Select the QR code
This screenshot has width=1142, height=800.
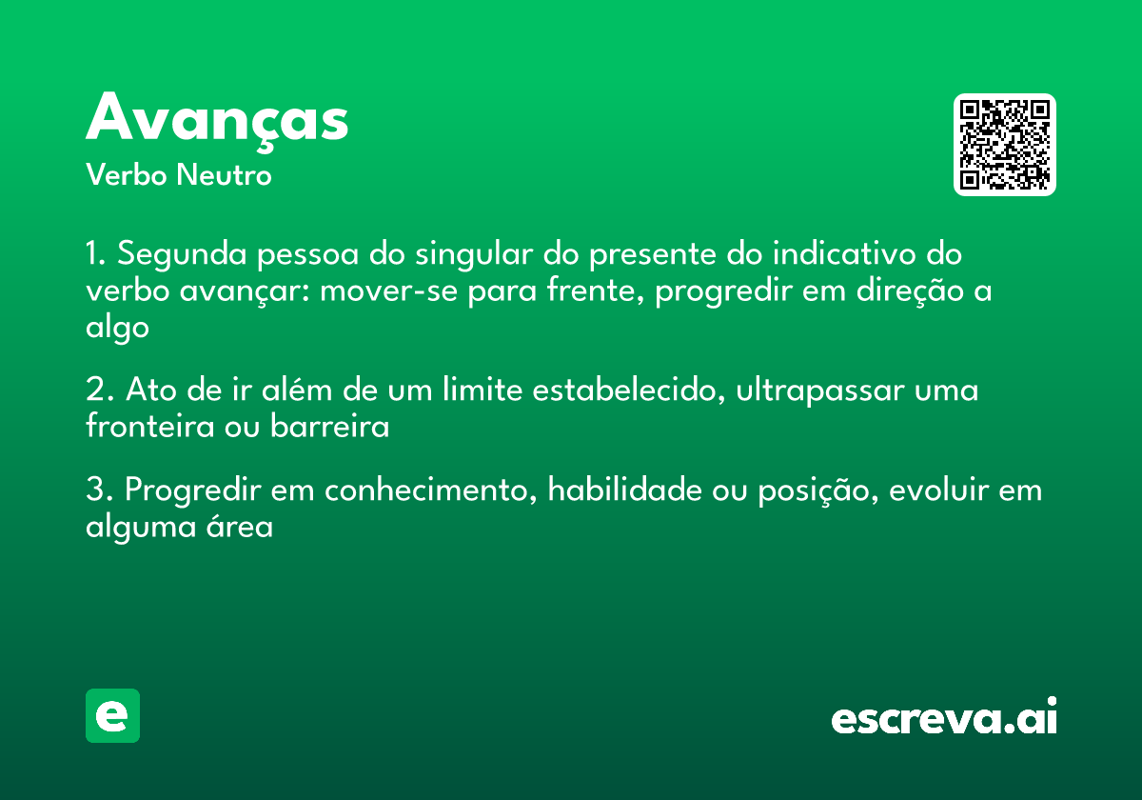coord(1005,145)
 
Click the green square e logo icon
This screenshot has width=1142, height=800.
coord(112,715)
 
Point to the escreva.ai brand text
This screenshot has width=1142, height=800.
coord(944,717)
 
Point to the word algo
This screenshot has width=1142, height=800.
coord(117,327)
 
